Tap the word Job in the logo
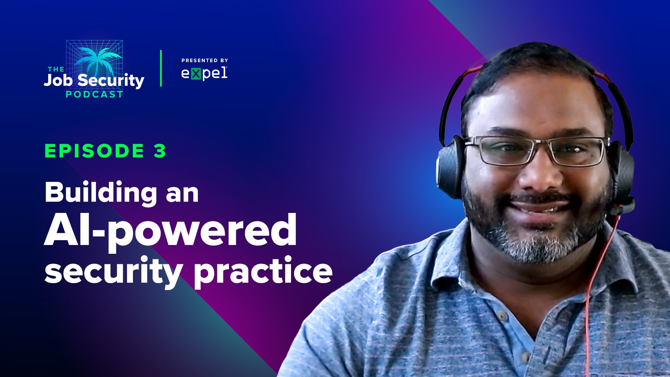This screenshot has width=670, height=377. (58, 80)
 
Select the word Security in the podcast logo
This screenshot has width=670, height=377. (111, 81)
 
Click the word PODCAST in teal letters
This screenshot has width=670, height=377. (94, 94)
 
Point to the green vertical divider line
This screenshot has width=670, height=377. (161, 68)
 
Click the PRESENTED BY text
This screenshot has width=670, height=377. (204, 60)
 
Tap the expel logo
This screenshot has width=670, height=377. (204, 73)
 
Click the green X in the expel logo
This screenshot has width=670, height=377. (196, 74)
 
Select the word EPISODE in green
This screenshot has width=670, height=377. (94, 151)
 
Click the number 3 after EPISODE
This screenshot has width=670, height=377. (160, 151)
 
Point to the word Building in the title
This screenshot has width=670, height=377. (101, 193)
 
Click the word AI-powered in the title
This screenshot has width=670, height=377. (170, 231)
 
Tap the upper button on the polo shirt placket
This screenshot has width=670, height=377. (502, 316)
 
